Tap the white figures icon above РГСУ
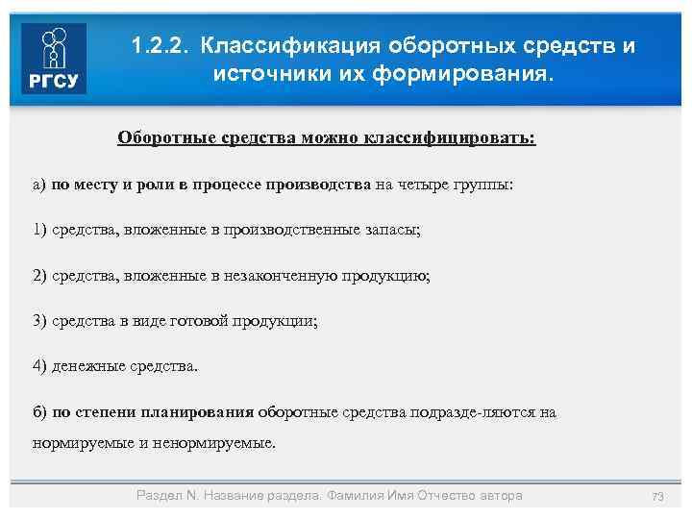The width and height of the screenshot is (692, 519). point(53,48)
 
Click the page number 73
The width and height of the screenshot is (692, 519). point(658,496)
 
